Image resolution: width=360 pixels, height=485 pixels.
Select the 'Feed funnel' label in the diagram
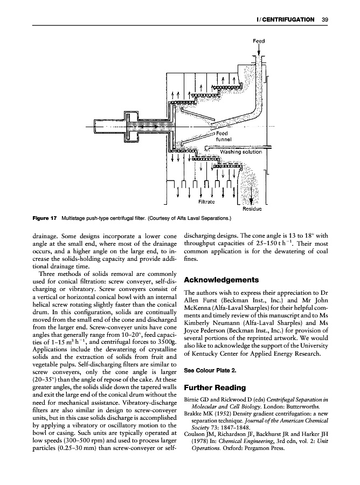[x=223, y=136]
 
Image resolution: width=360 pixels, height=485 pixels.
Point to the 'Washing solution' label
[x=240, y=151]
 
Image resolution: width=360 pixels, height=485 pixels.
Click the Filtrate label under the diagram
[x=207, y=202]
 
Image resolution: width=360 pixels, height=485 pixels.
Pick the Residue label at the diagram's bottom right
[x=251, y=209]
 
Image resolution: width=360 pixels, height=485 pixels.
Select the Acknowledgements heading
[x=221, y=280]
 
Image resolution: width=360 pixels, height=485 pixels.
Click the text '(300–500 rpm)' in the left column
[x=80, y=440]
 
